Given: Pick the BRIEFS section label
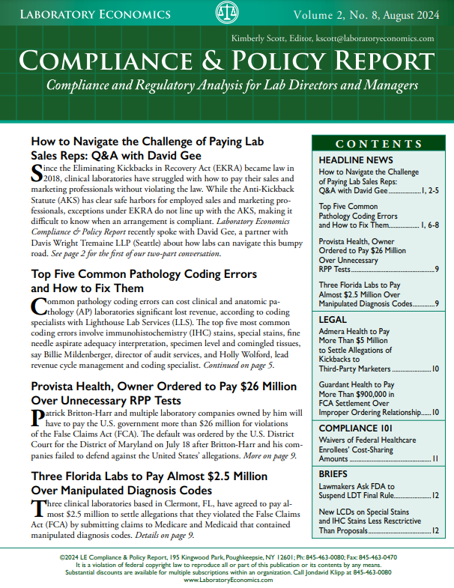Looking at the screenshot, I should pyautogui.click(x=335, y=474).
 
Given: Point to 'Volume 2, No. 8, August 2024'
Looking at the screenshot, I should pyautogui.click(x=366, y=14).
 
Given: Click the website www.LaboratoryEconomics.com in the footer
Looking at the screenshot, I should pyautogui.click(x=226, y=580).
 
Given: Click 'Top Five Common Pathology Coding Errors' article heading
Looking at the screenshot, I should pyautogui.click(x=144, y=274).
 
